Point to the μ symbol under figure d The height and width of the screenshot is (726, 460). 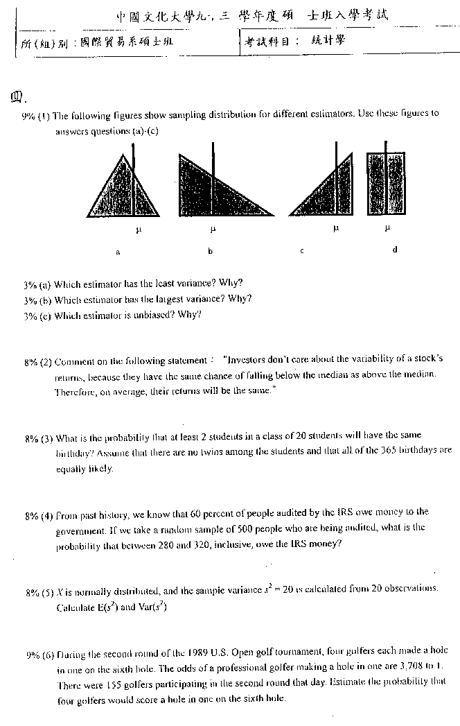[x=388, y=227]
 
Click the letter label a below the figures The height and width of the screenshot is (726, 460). [x=118, y=252]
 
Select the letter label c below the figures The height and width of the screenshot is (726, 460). [x=302, y=251]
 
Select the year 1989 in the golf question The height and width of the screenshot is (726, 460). [x=198, y=652]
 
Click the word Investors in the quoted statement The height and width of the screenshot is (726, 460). [x=247, y=360]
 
